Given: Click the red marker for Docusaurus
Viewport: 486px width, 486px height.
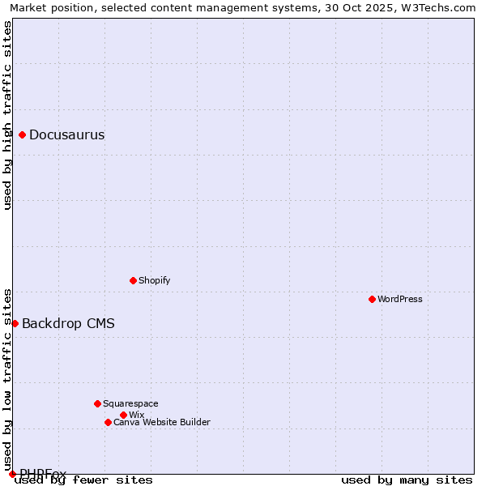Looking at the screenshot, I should (23, 135).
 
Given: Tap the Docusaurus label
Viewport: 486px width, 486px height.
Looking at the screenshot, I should (66, 135).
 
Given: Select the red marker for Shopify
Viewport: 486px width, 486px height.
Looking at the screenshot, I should (133, 280).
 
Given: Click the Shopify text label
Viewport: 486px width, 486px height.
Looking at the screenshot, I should (154, 280).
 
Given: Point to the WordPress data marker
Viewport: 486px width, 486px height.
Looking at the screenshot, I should (372, 299).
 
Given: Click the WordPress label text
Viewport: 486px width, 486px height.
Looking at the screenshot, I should (399, 299).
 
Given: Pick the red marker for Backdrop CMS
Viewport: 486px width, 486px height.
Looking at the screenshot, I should (15, 323).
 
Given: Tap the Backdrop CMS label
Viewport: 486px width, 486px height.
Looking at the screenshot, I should (68, 324).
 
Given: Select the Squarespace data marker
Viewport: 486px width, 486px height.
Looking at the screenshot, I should (97, 403).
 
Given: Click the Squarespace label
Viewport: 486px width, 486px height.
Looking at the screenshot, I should (130, 403).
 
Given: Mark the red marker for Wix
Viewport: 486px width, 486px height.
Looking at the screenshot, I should (123, 415).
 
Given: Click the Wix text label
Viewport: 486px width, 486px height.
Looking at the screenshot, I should (136, 415).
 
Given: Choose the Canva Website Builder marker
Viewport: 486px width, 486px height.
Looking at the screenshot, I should (108, 422).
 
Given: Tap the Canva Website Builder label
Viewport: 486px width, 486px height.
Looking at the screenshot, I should (161, 422).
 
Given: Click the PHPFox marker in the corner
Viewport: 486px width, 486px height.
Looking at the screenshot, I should (12, 474).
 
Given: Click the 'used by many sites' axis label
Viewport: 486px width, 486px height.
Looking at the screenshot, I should (407, 480).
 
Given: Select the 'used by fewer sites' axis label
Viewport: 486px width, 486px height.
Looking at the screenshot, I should (83, 480).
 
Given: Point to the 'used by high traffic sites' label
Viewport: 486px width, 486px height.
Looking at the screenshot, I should (7, 116).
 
